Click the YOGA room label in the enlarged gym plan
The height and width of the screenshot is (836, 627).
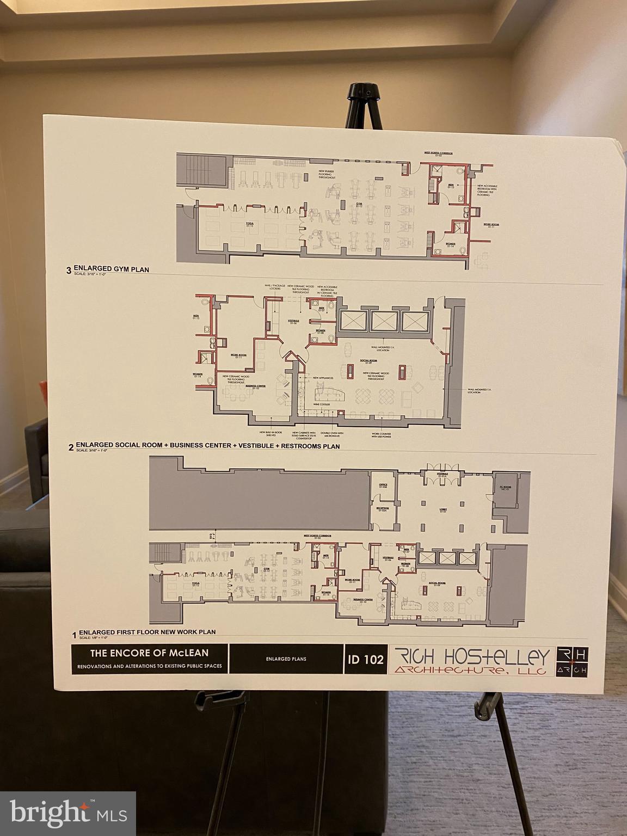click(250, 224)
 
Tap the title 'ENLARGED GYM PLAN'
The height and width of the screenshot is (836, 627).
click(111, 269)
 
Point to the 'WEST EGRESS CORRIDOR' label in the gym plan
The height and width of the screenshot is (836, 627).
click(439, 153)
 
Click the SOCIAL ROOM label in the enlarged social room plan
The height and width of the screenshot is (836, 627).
click(368, 361)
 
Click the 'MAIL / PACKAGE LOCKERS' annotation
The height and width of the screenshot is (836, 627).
click(273, 287)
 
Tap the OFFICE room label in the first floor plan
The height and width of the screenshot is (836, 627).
click(383, 485)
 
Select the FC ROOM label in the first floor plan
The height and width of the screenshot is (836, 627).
click(506, 488)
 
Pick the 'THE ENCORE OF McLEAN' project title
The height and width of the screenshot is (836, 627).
click(150, 652)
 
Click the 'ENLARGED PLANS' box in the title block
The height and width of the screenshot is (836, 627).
click(286, 659)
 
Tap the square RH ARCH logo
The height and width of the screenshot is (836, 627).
click(571, 661)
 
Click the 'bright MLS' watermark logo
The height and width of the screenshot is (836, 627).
click(68, 814)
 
